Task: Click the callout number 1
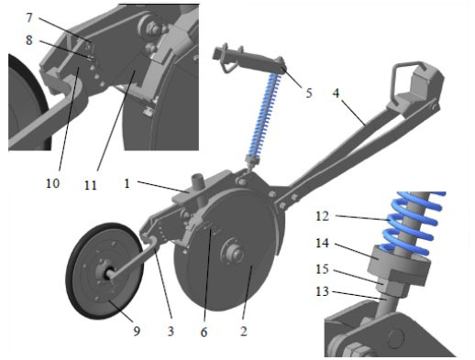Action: point(127,184)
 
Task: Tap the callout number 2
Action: point(243,332)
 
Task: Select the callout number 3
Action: point(171,332)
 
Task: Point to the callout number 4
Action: point(336,93)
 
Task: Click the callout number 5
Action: point(309,93)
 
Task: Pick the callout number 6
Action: point(204,332)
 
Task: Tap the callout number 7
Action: point(29,17)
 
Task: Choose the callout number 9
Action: point(137,331)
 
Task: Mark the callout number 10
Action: point(52,183)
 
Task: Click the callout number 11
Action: point(90,185)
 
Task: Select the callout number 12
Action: point(322,216)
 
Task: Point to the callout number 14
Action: point(322,244)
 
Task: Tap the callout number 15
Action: point(322,269)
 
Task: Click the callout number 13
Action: point(322,291)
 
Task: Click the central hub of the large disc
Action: point(234,254)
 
